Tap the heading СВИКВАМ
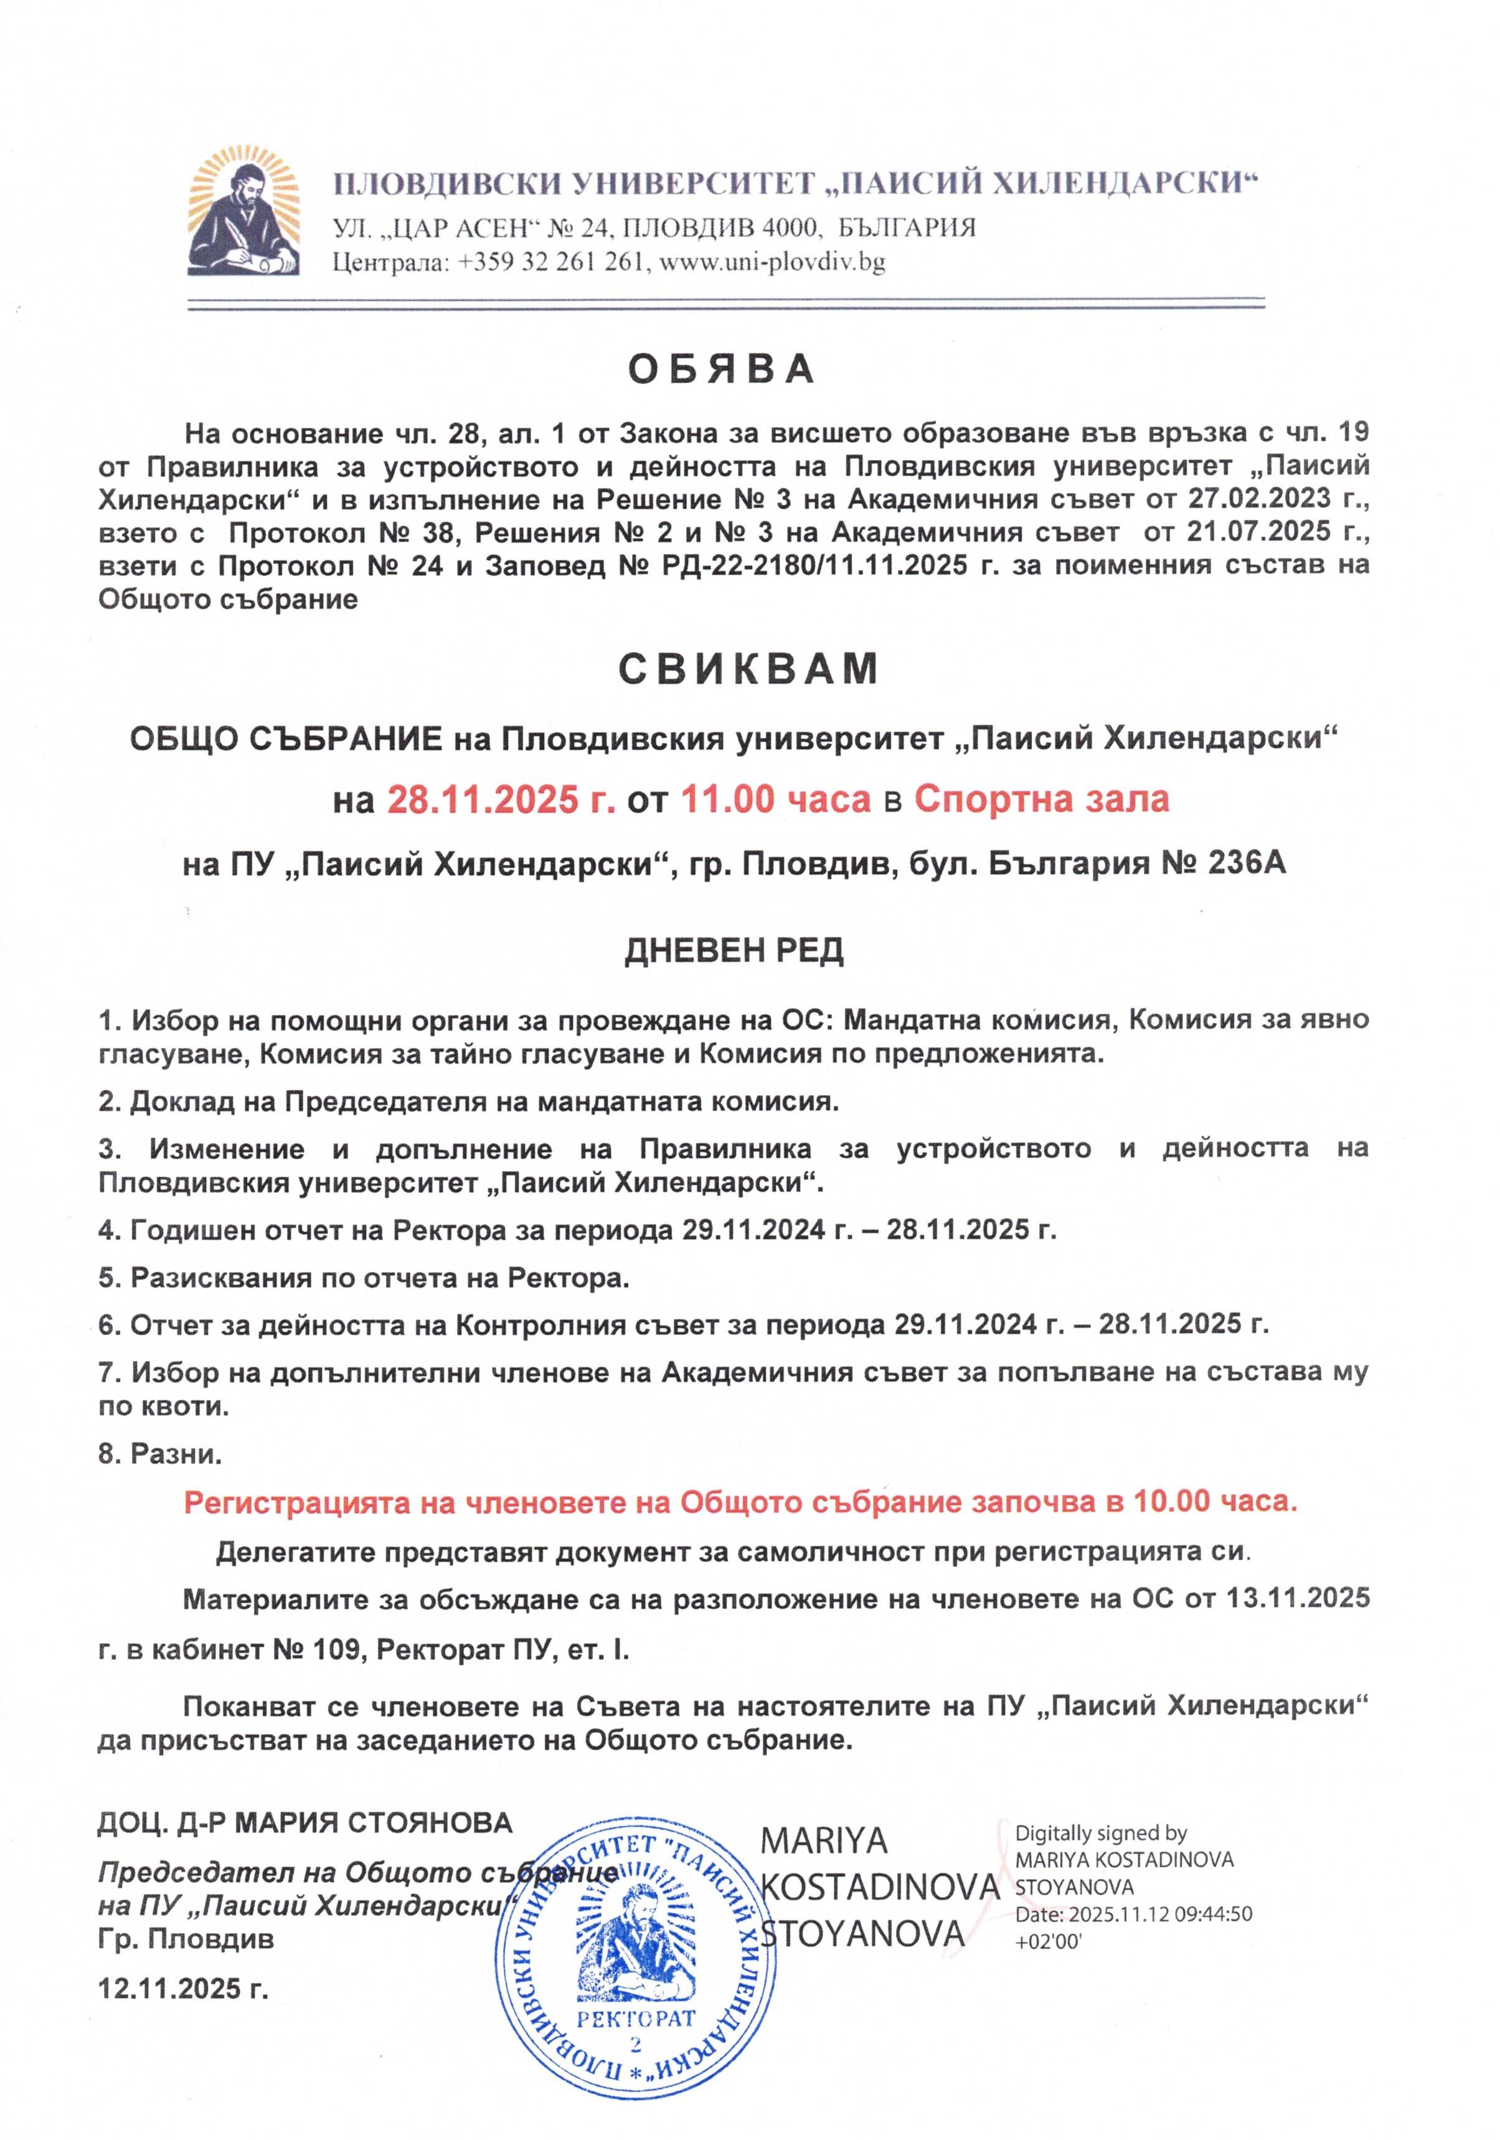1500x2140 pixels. [x=748, y=669]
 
